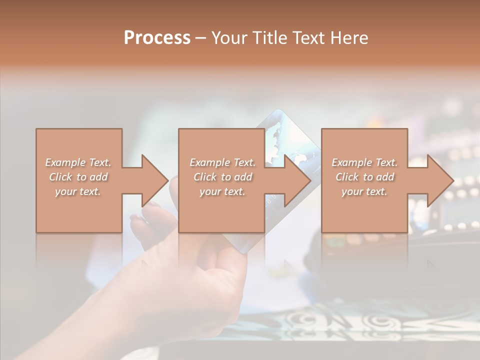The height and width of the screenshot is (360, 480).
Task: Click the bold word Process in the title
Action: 157,38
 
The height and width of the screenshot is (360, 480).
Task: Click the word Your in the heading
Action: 228,38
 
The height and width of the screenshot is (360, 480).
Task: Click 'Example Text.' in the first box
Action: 78,162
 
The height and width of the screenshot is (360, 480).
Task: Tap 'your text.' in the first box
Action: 78,191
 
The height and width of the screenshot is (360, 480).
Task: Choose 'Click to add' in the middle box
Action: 222,177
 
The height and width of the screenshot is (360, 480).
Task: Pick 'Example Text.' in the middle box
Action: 222,162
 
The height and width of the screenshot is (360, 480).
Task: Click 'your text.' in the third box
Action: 364,191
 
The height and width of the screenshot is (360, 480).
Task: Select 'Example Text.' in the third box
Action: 364,162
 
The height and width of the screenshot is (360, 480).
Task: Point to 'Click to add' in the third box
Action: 364,177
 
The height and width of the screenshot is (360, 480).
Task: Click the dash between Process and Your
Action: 200,38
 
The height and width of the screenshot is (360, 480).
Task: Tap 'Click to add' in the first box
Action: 78,177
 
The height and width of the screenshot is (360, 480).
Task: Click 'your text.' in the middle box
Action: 222,191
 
